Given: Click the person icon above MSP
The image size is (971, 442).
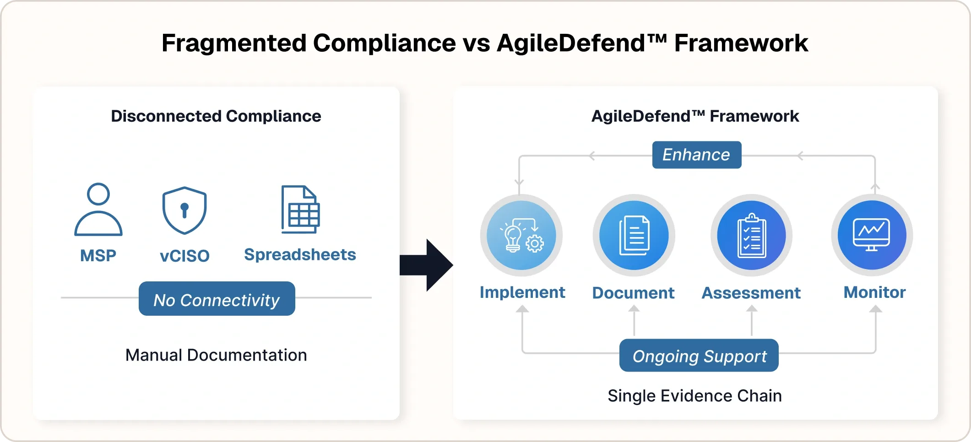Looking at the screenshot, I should click(x=98, y=210).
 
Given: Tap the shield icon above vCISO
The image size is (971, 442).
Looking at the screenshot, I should click(x=184, y=210).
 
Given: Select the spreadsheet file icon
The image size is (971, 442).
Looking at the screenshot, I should click(x=300, y=210).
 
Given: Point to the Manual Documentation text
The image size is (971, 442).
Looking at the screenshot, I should click(x=216, y=355).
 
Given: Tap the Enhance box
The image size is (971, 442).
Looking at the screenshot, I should click(x=696, y=155).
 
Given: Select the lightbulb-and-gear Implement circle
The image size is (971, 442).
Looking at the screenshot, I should click(x=521, y=235).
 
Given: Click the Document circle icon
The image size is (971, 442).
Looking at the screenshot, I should click(x=634, y=235).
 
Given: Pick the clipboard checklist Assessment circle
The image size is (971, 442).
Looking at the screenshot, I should click(x=751, y=235).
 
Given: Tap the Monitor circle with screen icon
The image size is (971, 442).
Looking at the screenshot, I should click(x=872, y=235).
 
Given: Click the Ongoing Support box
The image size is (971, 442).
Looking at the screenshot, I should click(x=699, y=356).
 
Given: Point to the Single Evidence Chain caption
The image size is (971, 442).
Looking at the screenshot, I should click(x=694, y=396).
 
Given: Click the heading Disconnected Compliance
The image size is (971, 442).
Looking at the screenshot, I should click(x=216, y=116).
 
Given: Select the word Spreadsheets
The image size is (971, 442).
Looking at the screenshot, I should click(x=300, y=254).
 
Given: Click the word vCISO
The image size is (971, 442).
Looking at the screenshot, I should click(x=184, y=256).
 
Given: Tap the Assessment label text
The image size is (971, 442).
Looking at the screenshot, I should click(x=751, y=293).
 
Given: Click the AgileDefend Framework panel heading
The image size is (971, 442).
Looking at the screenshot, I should click(x=694, y=116).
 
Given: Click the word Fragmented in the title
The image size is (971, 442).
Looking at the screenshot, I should click(x=233, y=43).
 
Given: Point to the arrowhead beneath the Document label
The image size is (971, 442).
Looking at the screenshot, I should click(x=634, y=309).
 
